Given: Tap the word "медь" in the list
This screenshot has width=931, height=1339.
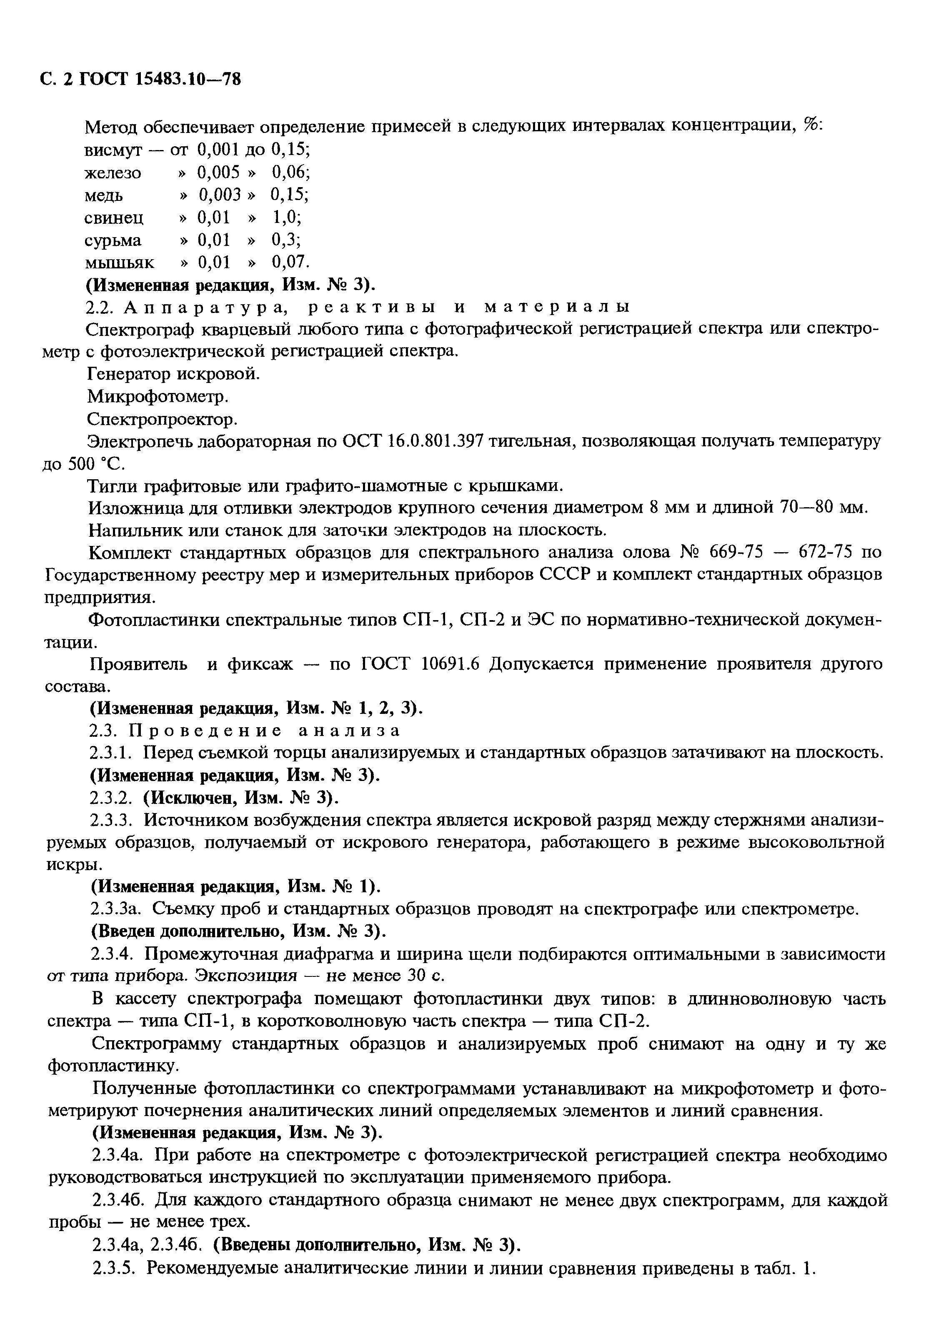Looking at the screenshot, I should [104, 195].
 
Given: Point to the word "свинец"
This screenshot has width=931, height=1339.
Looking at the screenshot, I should [114, 218].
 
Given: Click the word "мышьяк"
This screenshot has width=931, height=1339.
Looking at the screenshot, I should [120, 263].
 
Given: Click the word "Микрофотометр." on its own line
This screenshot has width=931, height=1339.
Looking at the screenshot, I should [158, 397].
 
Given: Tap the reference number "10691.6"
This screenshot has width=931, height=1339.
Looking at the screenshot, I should [450, 665].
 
